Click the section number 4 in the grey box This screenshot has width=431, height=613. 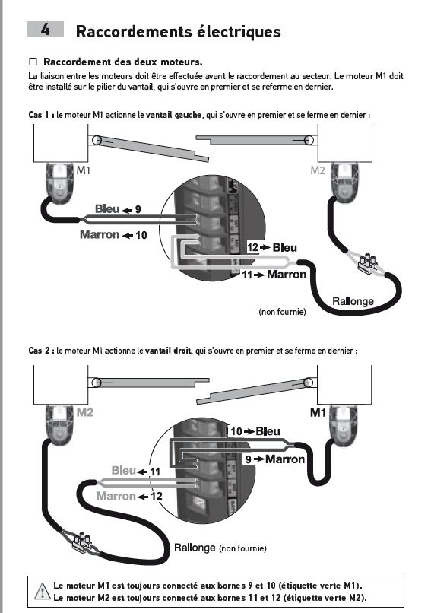pos(46,30)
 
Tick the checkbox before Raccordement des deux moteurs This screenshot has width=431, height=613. pos(33,62)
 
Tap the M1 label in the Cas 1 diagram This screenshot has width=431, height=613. pos(83,170)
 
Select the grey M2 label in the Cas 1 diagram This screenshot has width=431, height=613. pos(318,170)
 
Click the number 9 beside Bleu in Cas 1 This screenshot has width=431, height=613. pos(138,210)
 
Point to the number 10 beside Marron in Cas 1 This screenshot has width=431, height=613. pos(141,235)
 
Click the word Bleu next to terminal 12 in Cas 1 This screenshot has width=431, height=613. pos(285,247)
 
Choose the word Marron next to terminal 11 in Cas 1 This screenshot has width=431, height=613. pos(287,275)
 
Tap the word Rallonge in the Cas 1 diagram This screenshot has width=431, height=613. pos(353,301)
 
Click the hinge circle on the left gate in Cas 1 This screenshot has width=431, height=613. pos(97,140)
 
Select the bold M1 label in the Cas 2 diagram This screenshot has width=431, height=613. pos(318,413)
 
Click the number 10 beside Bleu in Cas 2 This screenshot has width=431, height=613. pos(236,431)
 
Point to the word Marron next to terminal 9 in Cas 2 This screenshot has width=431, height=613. pos(285,459)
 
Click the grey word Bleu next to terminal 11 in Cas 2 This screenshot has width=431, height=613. pos(123,470)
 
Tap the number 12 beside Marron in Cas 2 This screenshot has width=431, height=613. pos(156,497)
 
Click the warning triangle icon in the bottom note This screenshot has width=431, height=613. pos(42,591)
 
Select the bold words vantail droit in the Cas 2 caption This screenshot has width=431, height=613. pos(168,351)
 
